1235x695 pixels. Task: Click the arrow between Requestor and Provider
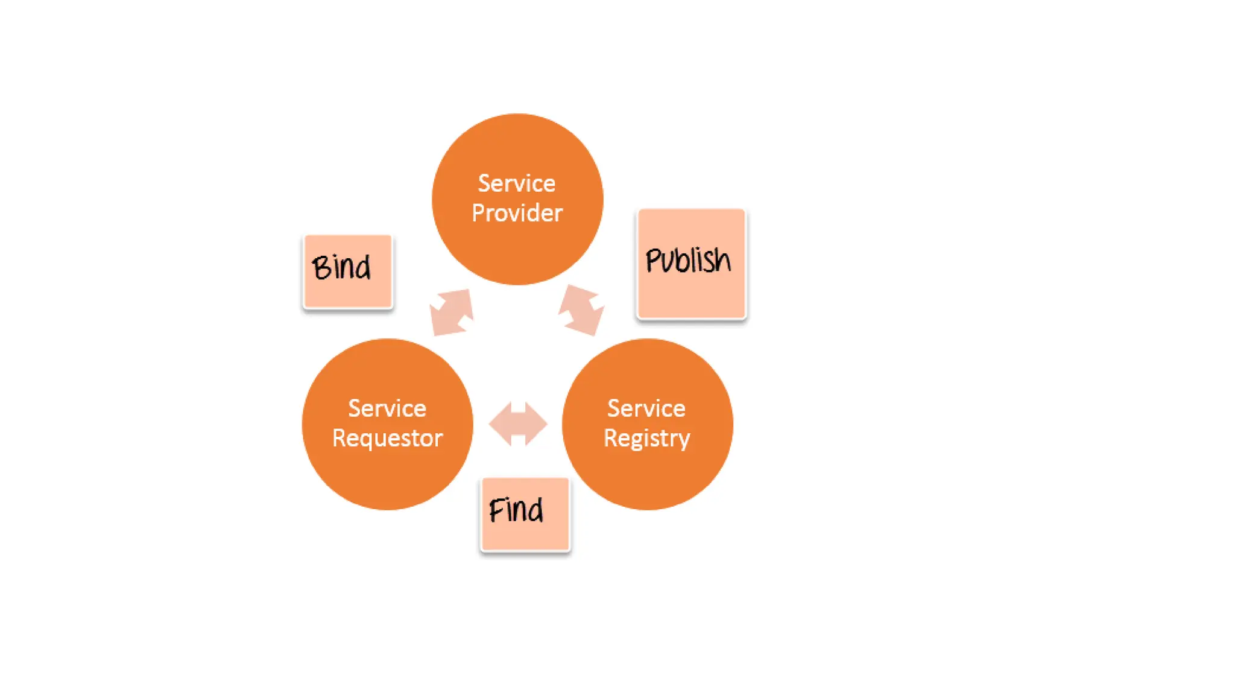[x=452, y=312]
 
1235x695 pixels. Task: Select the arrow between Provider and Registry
[x=581, y=310]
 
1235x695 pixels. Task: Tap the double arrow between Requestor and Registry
[x=518, y=424]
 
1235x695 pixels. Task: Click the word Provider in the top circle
[x=517, y=213]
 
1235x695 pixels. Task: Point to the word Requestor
[x=387, y=438]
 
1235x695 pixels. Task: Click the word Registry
[x=647, y=439]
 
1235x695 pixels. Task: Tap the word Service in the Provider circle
[x=517, y=183]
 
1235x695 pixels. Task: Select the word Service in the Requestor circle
[x=387, y=408]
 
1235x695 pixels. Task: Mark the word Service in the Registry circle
[x=646, y=408]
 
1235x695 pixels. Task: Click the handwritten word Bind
[x=341, y=267]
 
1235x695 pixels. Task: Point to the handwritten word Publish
[x=688, y=260]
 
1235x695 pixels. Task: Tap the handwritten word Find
[x=516, y=510]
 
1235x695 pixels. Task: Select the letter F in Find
[x=496, y=510]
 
